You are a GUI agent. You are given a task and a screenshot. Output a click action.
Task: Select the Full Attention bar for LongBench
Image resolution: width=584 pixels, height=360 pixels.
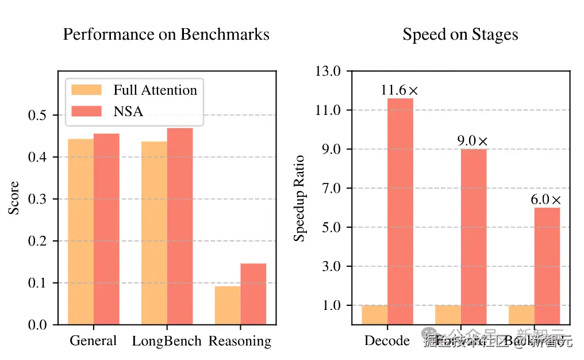[x=154, y=233]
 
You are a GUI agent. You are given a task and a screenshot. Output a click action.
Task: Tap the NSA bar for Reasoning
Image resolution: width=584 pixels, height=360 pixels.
[x=253, y=294]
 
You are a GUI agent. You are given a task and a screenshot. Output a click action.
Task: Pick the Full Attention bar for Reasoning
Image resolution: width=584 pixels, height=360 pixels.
[x=228, y=305]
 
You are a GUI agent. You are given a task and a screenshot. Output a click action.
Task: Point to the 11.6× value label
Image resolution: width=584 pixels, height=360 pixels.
[x=400, y=90]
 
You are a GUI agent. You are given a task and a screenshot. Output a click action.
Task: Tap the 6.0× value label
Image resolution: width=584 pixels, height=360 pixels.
[x=547, y=200]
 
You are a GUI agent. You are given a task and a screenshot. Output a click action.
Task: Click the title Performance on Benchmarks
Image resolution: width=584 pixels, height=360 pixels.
[x=166, y=35]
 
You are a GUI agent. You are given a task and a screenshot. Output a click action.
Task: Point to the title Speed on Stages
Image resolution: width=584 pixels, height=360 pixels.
[x=460, y=35]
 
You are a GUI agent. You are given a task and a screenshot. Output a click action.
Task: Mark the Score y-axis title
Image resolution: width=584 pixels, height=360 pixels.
[x=14, y=198]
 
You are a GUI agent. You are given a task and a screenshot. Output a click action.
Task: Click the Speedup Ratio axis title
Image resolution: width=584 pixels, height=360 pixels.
[x=299, y=198]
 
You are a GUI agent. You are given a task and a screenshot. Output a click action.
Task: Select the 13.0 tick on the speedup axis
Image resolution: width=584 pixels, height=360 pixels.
[x=328, y=71]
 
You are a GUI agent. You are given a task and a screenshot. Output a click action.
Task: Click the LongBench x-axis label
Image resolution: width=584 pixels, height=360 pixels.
[x=167, y=341]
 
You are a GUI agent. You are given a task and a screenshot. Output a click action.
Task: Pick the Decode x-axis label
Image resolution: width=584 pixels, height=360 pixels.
[x=387, y=340]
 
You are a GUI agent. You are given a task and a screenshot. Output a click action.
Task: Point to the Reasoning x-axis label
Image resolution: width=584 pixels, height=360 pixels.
[x=240, y=341]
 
